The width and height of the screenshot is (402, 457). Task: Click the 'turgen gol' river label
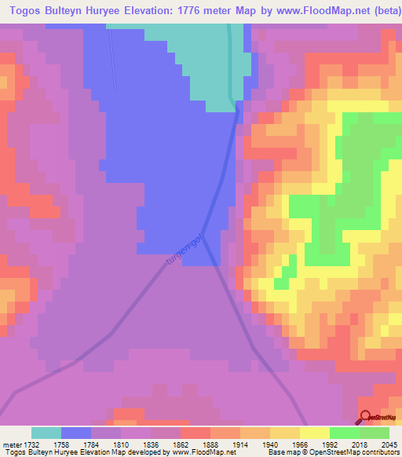pyautogui.click(x=185, y=254)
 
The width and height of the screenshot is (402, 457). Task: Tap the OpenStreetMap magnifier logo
pyautogui.click(x=365, y=417)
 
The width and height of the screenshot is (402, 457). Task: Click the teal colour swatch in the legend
pyautogui.click(x=46, y=432)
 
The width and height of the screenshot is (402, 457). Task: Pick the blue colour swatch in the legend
pyautogui.click(x=76, y=432)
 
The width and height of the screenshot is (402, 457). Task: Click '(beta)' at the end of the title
pyautogui.click(x=380, y=10)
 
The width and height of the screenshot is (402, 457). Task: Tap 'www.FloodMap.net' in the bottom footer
pyautogui.click(x=205, y=452)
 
